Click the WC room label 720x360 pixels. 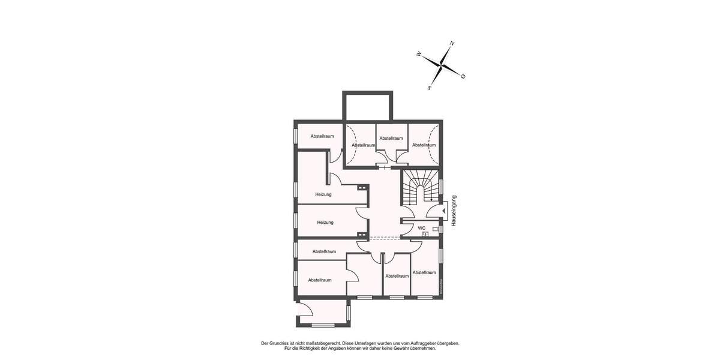tap(422, 228)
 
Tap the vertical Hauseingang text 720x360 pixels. tap(454, 211)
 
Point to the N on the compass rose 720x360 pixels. tap(452, 43)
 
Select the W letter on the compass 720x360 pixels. tap(418, 54)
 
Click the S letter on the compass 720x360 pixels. tap(430, 88)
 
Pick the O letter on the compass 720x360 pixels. tap(463, 76)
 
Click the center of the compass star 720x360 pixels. tap(441, 65)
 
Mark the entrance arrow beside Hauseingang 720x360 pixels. tap(444, 211)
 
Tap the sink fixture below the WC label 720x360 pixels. tap(425, 235)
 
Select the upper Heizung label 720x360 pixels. tap(324, 194)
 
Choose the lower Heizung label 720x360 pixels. tap(325, 223)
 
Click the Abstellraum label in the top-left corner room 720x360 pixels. tap(322, 136)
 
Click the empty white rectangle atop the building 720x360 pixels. tap(367, 107)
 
